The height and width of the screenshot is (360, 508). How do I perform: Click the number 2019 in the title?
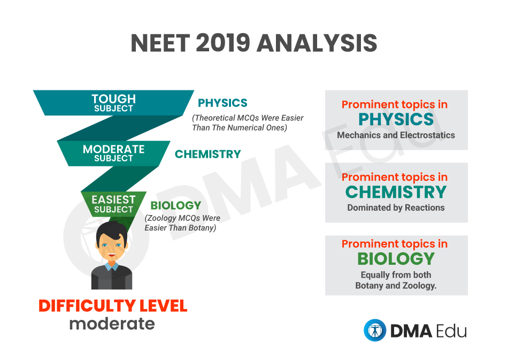[x=223, y=43]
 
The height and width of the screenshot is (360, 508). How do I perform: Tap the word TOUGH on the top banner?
[x=113, y=98]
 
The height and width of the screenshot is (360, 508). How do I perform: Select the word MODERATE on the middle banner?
[x=113, y=149]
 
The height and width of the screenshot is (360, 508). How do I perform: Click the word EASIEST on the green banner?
[x=113, y=200]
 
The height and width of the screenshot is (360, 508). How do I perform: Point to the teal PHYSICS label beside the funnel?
[x=222, y=103]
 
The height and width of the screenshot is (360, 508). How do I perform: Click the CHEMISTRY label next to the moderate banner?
[x=207, y=154]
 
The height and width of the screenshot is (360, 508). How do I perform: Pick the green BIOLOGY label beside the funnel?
[x=175, y=205]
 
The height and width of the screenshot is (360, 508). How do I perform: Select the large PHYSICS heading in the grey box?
[x=396, y=119]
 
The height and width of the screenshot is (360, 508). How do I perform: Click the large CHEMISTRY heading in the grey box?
[x=396, y=192]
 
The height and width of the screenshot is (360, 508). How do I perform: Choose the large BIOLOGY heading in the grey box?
[x=396, y=258]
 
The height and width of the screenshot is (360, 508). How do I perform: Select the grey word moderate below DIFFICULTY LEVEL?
[x=112, y=324]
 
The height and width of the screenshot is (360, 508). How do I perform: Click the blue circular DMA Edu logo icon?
[x=375, y=330]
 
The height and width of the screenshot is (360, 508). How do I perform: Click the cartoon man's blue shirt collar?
[x=112, y=266]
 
